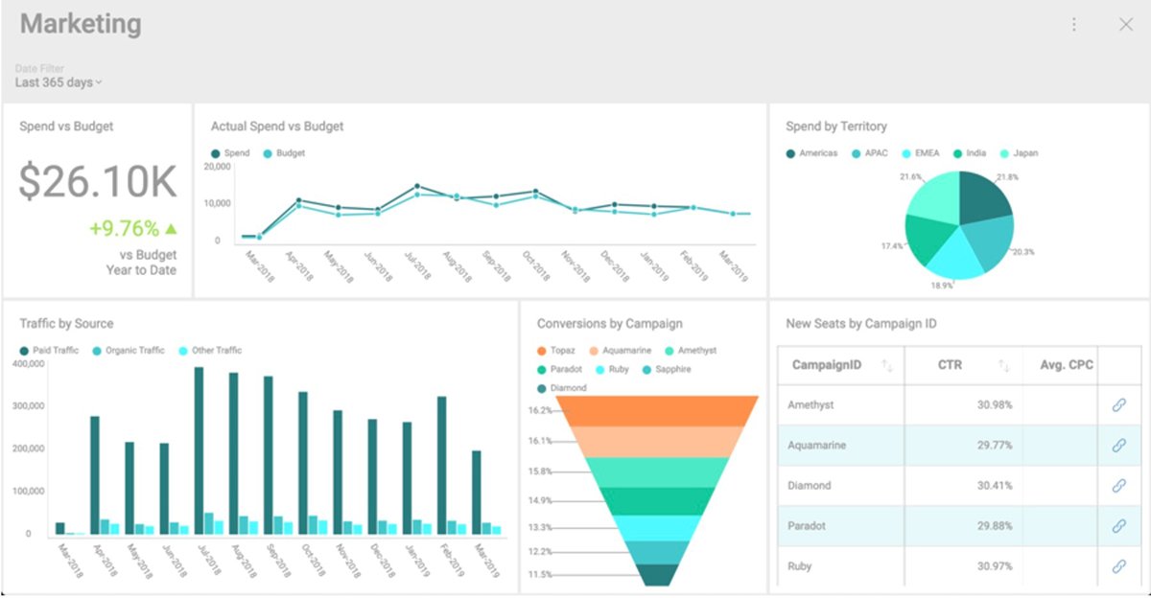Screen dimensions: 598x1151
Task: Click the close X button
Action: [x=1126, y=25]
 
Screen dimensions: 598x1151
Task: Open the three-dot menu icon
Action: [x=1074, y=25]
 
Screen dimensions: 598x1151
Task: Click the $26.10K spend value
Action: [x=97, y=181]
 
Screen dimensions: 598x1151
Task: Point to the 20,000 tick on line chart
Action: [x=219, y=167]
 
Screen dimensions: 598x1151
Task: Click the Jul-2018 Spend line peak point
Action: [x=417, y=186]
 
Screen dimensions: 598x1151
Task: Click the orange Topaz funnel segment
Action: [x=658, y=410]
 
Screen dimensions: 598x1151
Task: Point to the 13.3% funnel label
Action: [x=540, y=528]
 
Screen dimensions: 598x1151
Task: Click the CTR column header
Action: [x=951, y=365]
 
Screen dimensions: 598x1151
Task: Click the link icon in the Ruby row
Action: [x=1118, y=566]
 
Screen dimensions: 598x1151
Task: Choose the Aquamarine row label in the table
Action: [x=816, y=446]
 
